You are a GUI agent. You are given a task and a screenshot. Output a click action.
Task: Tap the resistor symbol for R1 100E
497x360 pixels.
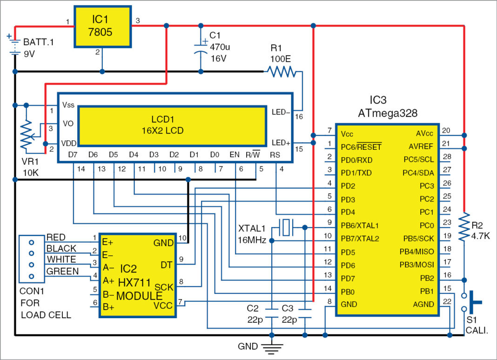(x=280, y=72)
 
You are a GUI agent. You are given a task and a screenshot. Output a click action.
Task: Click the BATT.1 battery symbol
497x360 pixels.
(x=15, y=46)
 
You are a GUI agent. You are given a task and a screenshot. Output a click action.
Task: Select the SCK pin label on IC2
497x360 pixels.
(x=165, y=287)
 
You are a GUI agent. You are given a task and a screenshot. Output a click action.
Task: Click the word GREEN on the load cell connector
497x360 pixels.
(x=62, y=272)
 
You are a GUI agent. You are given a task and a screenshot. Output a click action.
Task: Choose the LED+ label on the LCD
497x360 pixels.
(x=281, y=142)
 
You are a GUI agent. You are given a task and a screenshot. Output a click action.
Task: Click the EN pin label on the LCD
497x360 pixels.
(x=235, y=154)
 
